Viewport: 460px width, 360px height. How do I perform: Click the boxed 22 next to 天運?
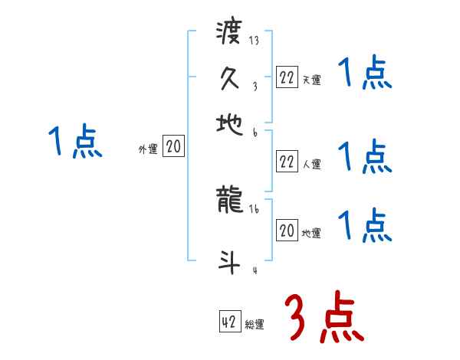[287, 78]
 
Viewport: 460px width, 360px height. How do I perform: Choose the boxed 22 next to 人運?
[287, 162]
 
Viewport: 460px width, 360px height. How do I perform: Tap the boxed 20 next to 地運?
[287, 231]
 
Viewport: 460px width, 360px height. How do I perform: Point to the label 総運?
[255, 325]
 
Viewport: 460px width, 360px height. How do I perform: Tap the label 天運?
[311, 80]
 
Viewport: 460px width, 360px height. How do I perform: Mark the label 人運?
[311, 164]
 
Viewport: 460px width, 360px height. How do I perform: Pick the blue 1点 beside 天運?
[365, 74]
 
